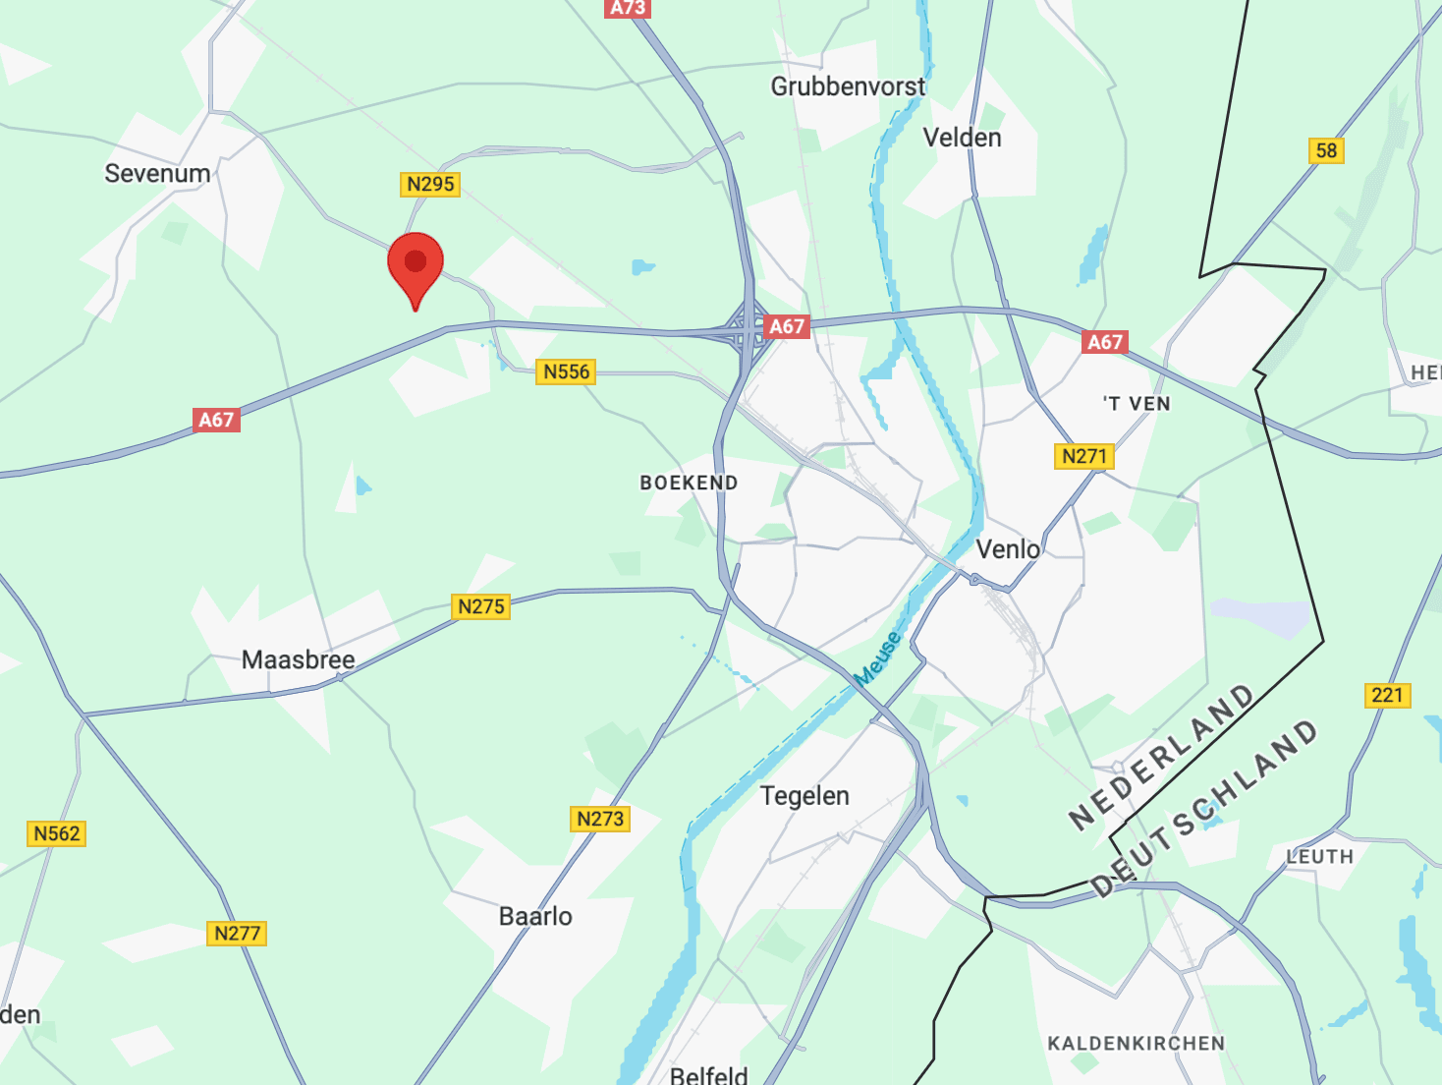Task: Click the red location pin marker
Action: point(416,263)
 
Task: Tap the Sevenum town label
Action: point(157,174)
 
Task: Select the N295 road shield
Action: point(431,184)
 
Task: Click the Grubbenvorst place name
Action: point(848,86)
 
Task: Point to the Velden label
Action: point(962,138)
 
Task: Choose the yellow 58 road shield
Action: point(1326,150)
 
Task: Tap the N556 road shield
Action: point(567,371)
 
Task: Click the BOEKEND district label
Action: point(689,483)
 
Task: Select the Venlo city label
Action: point(1008,548)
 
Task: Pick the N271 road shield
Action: point(1084,456)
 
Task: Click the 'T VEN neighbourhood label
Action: point(1137,404)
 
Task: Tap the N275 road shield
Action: point(481,606)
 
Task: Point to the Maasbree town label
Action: point(298,659)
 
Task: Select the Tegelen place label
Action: point(804,795)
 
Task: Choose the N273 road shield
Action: point(600,819)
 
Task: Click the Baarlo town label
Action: point(535,916)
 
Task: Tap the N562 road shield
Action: point(57,833)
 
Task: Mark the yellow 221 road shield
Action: point(1387,695)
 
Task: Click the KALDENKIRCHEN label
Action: point(1136,1043)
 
